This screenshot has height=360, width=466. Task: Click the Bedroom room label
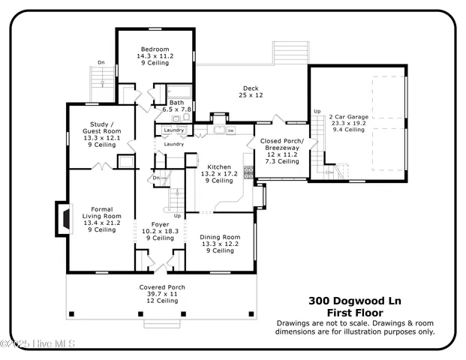tap(155, 49)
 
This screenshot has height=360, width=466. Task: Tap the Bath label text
tap(177, 103)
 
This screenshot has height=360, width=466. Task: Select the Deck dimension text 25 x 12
tap(251, 95)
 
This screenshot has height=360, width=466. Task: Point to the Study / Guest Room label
tap(102, 127)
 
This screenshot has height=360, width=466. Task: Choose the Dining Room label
tap(220, 237)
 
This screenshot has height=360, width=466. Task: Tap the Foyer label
tap(160, 223)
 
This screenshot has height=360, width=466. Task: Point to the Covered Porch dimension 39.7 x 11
tap(162, 294)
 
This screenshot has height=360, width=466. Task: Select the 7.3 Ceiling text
tap(280, 161)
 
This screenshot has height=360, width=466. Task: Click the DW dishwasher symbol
tap(231, 130)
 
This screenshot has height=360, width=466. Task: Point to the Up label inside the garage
tap(317, 112)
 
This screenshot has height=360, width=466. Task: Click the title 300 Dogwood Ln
tap(354, 301)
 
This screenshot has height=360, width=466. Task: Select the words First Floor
tap(354, 312)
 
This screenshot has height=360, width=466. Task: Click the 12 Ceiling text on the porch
tap(162, 301)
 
